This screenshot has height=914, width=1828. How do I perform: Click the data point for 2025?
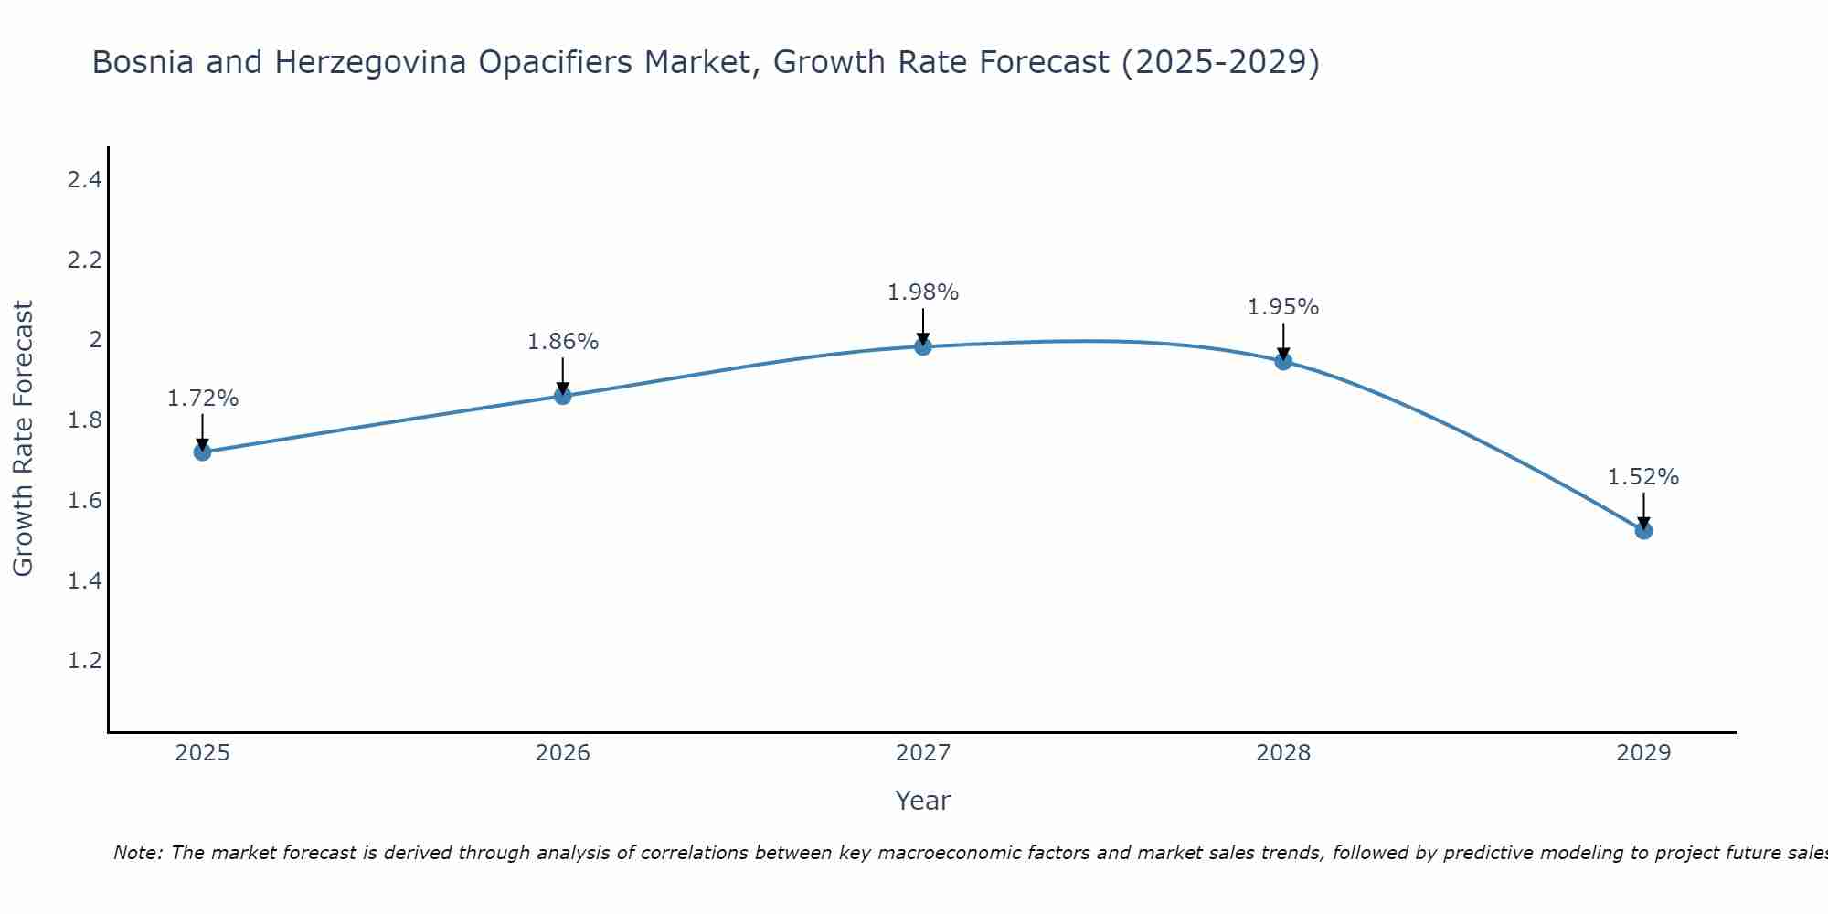(x=202, y=452)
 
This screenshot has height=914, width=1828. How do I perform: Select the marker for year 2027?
(x=922, y=346)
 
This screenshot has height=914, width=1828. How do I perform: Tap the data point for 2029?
(x=1642, y=530)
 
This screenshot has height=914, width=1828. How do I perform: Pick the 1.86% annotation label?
(x=563, y=342)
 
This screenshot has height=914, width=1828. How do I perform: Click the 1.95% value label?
(x=1283, y=307)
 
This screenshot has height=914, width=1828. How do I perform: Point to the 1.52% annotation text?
(x=1642, y=477)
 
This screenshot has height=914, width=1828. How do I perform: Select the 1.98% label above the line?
(x=922, y=292)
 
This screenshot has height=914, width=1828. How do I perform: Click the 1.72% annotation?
(x=203, y=399)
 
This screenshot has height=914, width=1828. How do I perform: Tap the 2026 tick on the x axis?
(x=563, y=753)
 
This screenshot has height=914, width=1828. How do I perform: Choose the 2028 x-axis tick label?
(x=1283, y=753)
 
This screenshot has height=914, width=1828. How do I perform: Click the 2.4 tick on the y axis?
(x=84, y=180)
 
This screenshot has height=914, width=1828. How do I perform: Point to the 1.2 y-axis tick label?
(x=84, y=661)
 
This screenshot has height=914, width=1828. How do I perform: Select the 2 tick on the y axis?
(x=94, y=340)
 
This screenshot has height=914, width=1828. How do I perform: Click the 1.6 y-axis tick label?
(x=84, y=501)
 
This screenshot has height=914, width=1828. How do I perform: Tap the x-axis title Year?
(x=922, y=801)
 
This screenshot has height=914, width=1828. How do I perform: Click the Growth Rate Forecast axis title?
(x=23, y=439)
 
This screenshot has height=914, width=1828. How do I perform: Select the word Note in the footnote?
(x=136, y=853)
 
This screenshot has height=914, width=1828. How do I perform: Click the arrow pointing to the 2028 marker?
(x=1283, y=341)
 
